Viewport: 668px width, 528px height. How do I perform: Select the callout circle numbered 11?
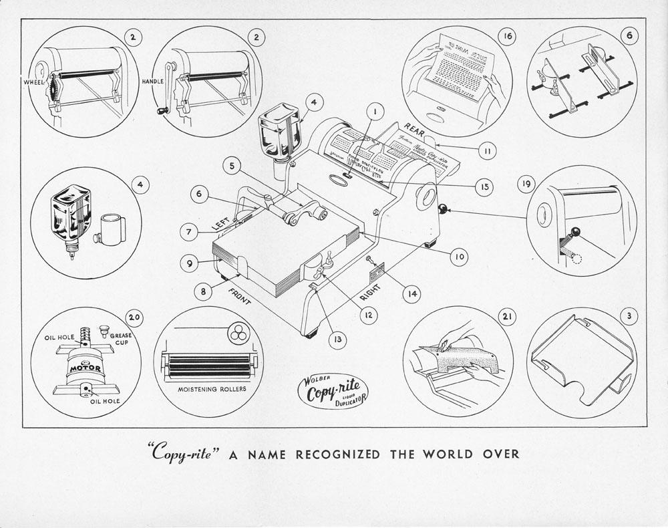[x=488, y=152]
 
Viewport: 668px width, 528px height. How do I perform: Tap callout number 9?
[x=189, y=264]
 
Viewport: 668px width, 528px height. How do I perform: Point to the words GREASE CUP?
[x=120, y=340]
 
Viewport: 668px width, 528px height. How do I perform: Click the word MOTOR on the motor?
[x=85, y=367]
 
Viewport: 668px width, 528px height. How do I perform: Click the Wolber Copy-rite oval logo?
[x=332, y=392]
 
